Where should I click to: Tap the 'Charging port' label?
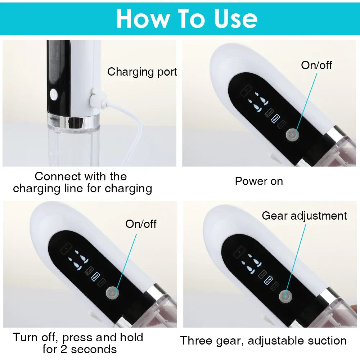click(x=142, y=72)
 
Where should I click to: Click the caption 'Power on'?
click(x=259, y=181)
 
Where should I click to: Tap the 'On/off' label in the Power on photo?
click(x=316, y=65)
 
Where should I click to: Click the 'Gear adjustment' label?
click(x=304, y=216)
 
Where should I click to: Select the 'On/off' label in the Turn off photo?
click(x=141, y=224)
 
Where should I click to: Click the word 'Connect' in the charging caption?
click(x=58, y=176)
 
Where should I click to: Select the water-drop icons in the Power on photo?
click(x=255, y=103)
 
